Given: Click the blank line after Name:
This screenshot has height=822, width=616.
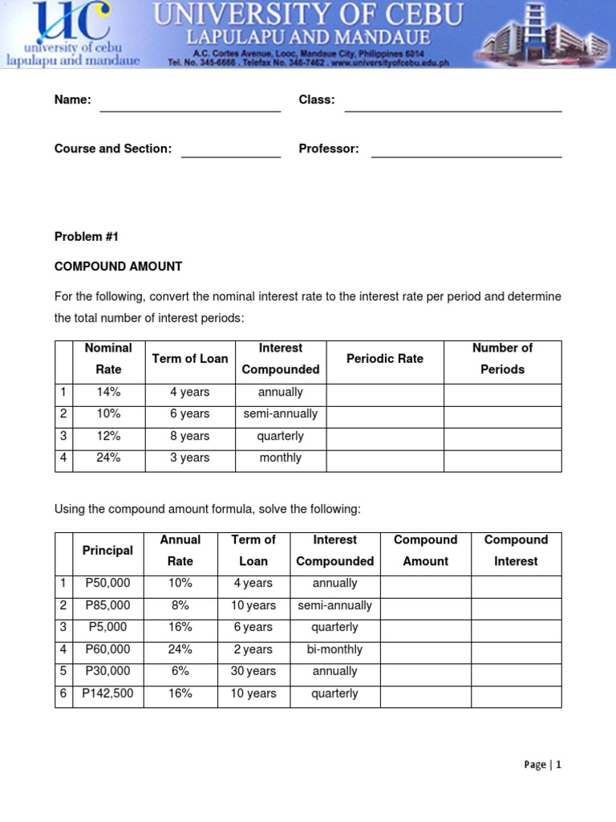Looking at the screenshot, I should pyautogui.click(x=190, y=104).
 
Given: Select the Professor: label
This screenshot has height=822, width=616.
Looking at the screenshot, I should pyautogui.click(x=329, y=149).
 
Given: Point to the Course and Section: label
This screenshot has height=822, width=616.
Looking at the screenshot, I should pyautogui.click(x=113, y=149).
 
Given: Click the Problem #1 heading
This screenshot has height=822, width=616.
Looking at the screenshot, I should pyautogui.click(x=86, y=237).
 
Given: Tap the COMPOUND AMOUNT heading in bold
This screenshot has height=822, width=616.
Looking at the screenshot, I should pyautogui.click(x=118, y=267).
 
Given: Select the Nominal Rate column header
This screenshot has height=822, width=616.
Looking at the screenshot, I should pyautogui.click(x=108, y=359).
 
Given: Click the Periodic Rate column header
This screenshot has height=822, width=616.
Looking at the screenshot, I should pyautogui.click(x=385, y=359).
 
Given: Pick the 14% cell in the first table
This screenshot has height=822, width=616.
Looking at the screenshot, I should pyautogui.click(x=108, y=393).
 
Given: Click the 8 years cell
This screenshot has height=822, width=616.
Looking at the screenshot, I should pyautogui.click(x=190, y=436).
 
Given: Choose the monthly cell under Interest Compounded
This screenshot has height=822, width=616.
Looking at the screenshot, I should pyautogui.click(x=281, y=458).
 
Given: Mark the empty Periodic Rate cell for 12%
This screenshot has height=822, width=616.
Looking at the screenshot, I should pyautogui.click(x=385, y=436).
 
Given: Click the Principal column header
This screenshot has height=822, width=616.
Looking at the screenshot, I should pyautogui.click(x=107, y=551).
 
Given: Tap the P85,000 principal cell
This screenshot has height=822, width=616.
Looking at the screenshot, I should pyautogui.click(x=107, y=605).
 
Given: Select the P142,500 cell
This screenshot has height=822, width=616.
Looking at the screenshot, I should pyautogui.click(x=107, y=694).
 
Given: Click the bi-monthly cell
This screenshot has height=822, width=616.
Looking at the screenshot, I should pyautogui.click(x=335, y=649).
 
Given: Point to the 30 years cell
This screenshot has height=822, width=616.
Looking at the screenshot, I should pyautogui.click(x=253, y=671).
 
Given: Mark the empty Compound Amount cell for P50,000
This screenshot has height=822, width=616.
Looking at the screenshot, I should pyautogui.click(x=425, y=584).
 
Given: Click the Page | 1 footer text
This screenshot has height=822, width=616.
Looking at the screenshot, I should pyautogui.click(x=542, y=765).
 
